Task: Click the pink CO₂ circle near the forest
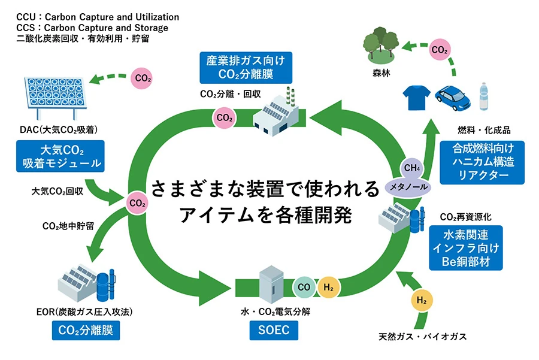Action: [x=440, y=50]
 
